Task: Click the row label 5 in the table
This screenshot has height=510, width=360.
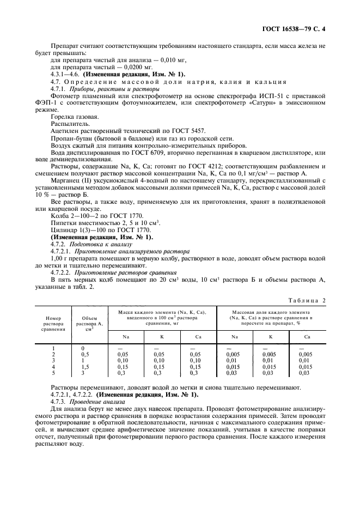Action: [x=53, y=373]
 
